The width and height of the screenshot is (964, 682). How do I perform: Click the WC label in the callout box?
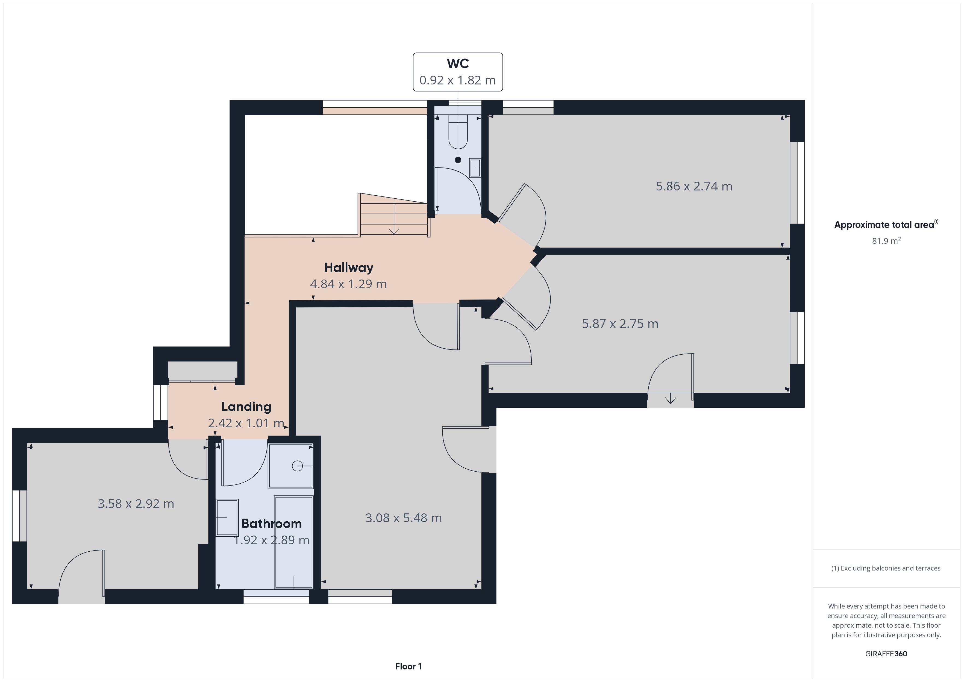pyautogui.click(x=458, y=63)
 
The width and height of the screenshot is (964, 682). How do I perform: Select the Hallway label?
pyautogui.click(x=348, y=267)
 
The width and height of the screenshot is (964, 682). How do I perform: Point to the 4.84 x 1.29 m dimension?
pyautogui.click(x=348, y=284)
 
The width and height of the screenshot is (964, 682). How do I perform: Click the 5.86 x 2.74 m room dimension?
pyautogui.click(x=694, y=186)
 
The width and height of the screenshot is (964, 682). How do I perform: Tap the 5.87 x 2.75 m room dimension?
pyautogui.click(x=620, y=323)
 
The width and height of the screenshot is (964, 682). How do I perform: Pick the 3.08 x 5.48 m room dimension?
pyautogui.click(x=404, y=518)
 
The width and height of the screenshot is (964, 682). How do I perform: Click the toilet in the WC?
pyautogui.click(x=458, y=131)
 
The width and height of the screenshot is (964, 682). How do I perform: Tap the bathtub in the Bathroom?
pyautogui.click(x=293, y=542)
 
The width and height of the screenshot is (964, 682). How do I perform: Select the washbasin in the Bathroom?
pyautogui.click(x=227, y=518)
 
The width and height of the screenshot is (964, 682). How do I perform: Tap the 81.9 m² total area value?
pyautogui.click(x=886, y=241)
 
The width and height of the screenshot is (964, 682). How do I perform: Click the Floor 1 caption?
pyautogui.click(x=408, y=666)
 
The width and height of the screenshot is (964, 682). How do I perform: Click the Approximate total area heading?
pyautogui.click(x=886, y=224)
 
